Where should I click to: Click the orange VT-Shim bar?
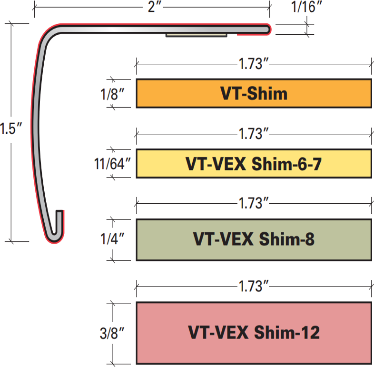pos(254,93)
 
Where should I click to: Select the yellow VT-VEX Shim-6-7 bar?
pos(254,164)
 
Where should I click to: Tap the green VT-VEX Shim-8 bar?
pos(254,239)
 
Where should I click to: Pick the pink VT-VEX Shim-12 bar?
pos(254,332)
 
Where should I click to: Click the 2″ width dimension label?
pos(152,8)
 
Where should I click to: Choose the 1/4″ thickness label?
pos(114,239)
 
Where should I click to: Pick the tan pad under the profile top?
pos(196,35)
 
